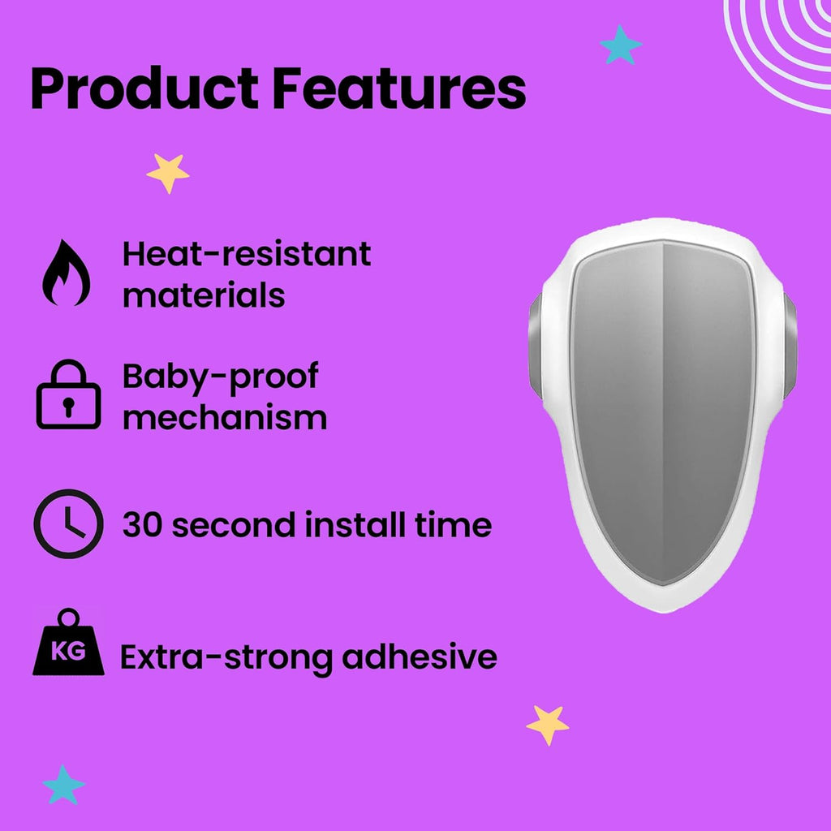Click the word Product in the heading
click(144, 88)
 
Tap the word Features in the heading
click(399, 88)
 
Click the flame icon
click(67, 273)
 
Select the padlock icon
click(68, 394)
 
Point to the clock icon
click(68, 523)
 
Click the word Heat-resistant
click(247, 254)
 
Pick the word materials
click(204, 295)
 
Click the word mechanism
click(225, 418)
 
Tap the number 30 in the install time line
click(142, 525)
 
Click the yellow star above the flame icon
click(168, 173)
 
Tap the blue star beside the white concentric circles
click(621, 45)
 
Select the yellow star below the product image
click(548, 725)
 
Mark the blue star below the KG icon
click(63, 785)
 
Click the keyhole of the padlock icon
click(68, 406)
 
